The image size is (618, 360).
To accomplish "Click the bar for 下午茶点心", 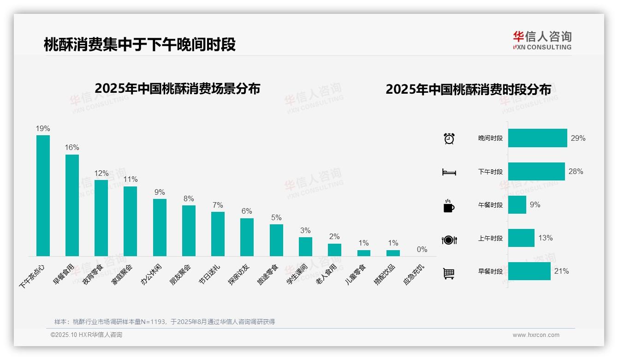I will pyautogui.click(x=43, y=196).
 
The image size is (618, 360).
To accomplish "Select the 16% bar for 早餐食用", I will pyautogui.click(x=72, y=205).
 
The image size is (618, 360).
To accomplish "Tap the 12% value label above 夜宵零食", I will pyautogui.click(x=101, y=174).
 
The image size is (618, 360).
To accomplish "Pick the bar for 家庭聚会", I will pyautogui.click(x=131, y=221).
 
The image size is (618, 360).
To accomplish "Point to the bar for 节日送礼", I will pyautogui.click(x=218, y=234).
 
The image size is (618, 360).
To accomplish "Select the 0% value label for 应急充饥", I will pyautogui.click(x=422, y=250).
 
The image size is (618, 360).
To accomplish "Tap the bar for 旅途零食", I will pyautogui.click(x=276, y=240).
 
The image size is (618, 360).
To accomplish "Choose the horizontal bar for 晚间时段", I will pyautogui.click(x=537, y=138).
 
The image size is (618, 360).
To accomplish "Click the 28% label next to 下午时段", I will pyautogui.click(x=576, y=171).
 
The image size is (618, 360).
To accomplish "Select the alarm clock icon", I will pyautogui.click(x=449, y=138).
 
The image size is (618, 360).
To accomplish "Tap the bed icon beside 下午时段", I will pyautogui.click(x=449, y=172).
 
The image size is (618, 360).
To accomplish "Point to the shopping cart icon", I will pyautogui.click(x=449, y=273).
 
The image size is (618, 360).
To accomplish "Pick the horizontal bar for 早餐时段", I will pyautogui.click(x=529, y=271).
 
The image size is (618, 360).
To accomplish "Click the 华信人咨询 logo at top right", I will pyautogui.click(x=542, y=40).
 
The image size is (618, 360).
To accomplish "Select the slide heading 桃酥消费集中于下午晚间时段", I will pyautogui.click(x=140, y=45).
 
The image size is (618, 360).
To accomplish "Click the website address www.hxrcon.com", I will pyautogui.click(x=536, y=335).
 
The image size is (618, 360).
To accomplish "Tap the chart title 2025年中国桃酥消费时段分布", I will pyautogui.click(x=468, y=90).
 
